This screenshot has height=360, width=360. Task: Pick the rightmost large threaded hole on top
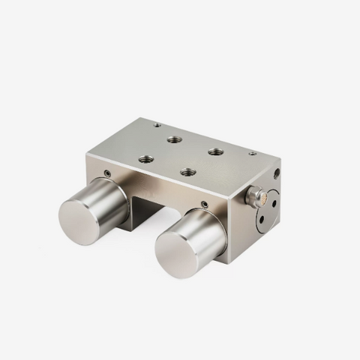pyautogui.click(x=216, y=151)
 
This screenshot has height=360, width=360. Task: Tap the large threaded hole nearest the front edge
pyautogui.click(x=187, y=172)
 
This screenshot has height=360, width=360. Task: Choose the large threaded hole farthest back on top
pyautogui.click(x=174, y=139)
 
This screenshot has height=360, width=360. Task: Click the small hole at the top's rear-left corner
pyautogui.click(x=157, y=124)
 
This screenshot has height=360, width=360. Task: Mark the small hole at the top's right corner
pyautogui.click(x=252, y=154)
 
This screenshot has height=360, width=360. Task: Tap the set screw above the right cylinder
pyautogui.click(x=205, y=202)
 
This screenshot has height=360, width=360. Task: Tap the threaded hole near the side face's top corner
pyautogui.click(x=277, y=173)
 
